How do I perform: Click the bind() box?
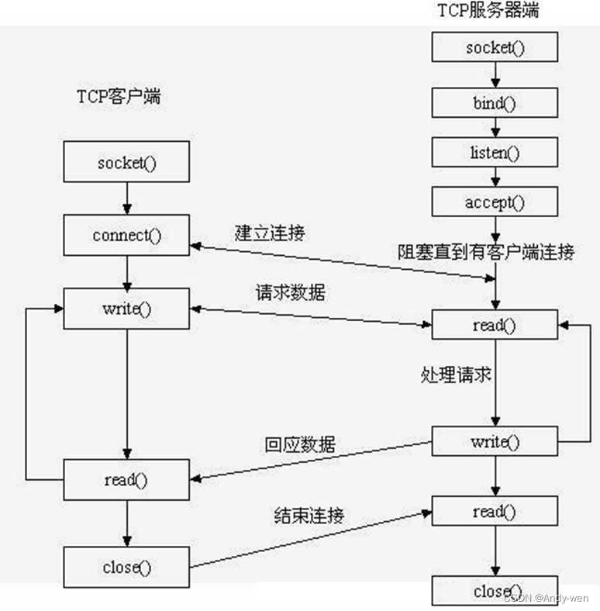[495, 102]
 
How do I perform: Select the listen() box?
[495, 152]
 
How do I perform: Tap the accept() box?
[495, 202]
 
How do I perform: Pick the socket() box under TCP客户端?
[126, 163]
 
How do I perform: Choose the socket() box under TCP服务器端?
[495, 48]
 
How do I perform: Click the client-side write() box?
[126, 309]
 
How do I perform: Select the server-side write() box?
[495, 442]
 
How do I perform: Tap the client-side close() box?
[126, 567]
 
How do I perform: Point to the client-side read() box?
[126, 479]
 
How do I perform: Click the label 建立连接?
[270, 233]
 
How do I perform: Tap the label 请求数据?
[291, 293]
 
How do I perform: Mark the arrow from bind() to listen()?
[495, 126]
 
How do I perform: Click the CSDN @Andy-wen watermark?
[546, 598]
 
